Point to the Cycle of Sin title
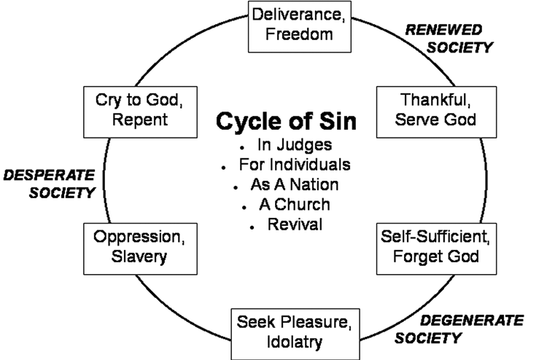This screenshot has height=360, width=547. click(286, 121)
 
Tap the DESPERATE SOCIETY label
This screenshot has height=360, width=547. click(50, 184)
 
